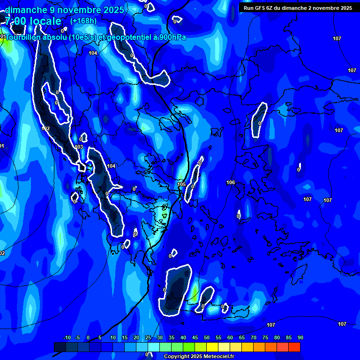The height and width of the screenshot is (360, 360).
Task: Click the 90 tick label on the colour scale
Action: coord(300,337)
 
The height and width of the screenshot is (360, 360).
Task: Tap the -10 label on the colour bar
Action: coord(67,337)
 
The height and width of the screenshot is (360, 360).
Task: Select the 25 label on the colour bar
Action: coord(148,337)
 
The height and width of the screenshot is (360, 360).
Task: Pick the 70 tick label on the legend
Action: coord(254,337)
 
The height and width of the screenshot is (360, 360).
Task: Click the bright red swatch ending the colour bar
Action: coord(294,347)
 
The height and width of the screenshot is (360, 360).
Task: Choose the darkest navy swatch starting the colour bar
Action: coord(60,347)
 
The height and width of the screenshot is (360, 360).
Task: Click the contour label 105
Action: coord(182,184)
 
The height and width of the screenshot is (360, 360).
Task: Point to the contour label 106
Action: coord(231,182)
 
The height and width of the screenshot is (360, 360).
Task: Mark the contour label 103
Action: coord(79,147)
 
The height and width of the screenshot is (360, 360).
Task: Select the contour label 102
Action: coord(45,128)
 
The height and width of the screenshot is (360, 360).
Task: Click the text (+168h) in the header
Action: coord(83,21)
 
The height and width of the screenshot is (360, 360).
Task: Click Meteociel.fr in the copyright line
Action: coord(220,357)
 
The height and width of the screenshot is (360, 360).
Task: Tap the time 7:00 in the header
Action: coord(16,21)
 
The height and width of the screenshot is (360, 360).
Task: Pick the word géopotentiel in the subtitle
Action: coord(128,37)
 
